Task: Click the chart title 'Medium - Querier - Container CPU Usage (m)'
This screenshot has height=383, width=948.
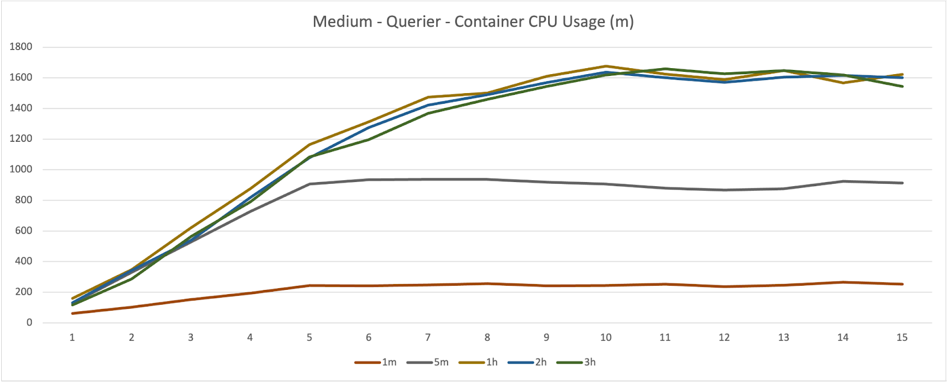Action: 473,22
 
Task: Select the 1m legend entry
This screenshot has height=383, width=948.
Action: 389,362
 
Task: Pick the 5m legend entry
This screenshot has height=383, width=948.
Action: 441,362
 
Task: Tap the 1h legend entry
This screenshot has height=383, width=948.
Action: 492,362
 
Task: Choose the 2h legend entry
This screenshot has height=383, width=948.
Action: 540,362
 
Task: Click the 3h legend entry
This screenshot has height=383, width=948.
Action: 590,362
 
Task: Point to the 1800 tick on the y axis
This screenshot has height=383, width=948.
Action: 21,47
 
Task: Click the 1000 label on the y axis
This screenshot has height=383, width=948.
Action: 21,170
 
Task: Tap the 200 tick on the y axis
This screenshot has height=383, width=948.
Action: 24,292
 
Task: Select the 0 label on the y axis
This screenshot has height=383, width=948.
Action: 29,323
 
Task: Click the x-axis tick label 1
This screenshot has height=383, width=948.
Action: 72,337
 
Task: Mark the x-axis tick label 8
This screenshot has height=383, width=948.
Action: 487,337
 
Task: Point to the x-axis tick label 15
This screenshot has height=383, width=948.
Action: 902,337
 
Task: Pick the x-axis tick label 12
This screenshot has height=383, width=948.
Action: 724,337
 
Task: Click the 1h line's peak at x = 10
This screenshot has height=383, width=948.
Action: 606,66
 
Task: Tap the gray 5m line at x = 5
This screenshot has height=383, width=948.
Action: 309,184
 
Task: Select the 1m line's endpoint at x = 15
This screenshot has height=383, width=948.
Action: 902,284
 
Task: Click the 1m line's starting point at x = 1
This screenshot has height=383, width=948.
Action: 72,313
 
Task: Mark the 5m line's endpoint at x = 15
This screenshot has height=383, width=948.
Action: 902,183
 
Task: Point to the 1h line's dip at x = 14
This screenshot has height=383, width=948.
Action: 843,83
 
